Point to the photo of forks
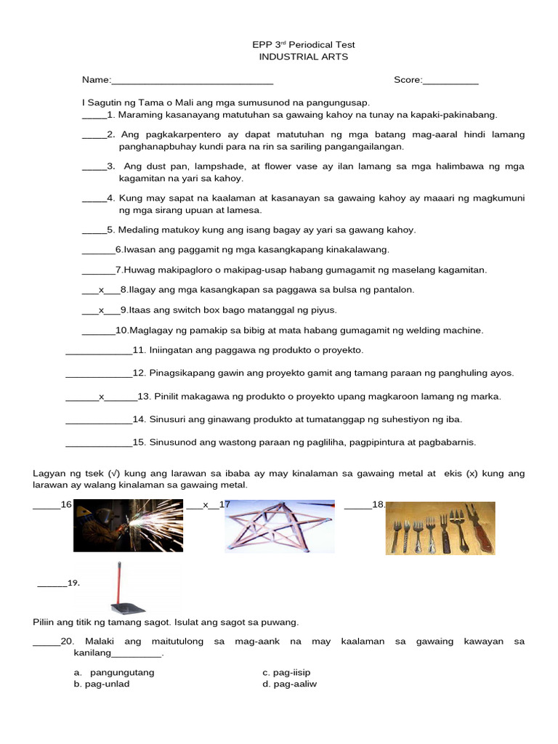440,528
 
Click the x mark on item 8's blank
101,290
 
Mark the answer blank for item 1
94,116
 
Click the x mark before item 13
102,397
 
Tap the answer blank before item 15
99,442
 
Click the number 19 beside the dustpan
73,583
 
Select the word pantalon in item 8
395,290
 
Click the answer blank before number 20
46,642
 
